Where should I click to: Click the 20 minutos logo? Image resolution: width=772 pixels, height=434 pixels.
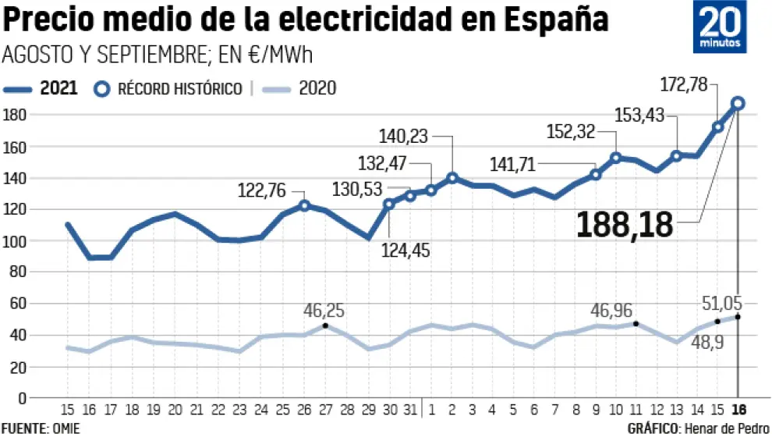pyautogui.click(x=720, y=27)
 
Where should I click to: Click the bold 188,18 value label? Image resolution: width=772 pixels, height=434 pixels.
pyautogui.click(x=625, y=225)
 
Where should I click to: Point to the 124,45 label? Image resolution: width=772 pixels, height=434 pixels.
pyautogui.click(x=405, y=251)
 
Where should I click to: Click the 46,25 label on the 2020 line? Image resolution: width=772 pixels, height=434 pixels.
pyautogui.click(x=324, y=310)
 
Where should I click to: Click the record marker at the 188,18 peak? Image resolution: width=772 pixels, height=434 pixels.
pyautogui.click(x=738, y=103)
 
